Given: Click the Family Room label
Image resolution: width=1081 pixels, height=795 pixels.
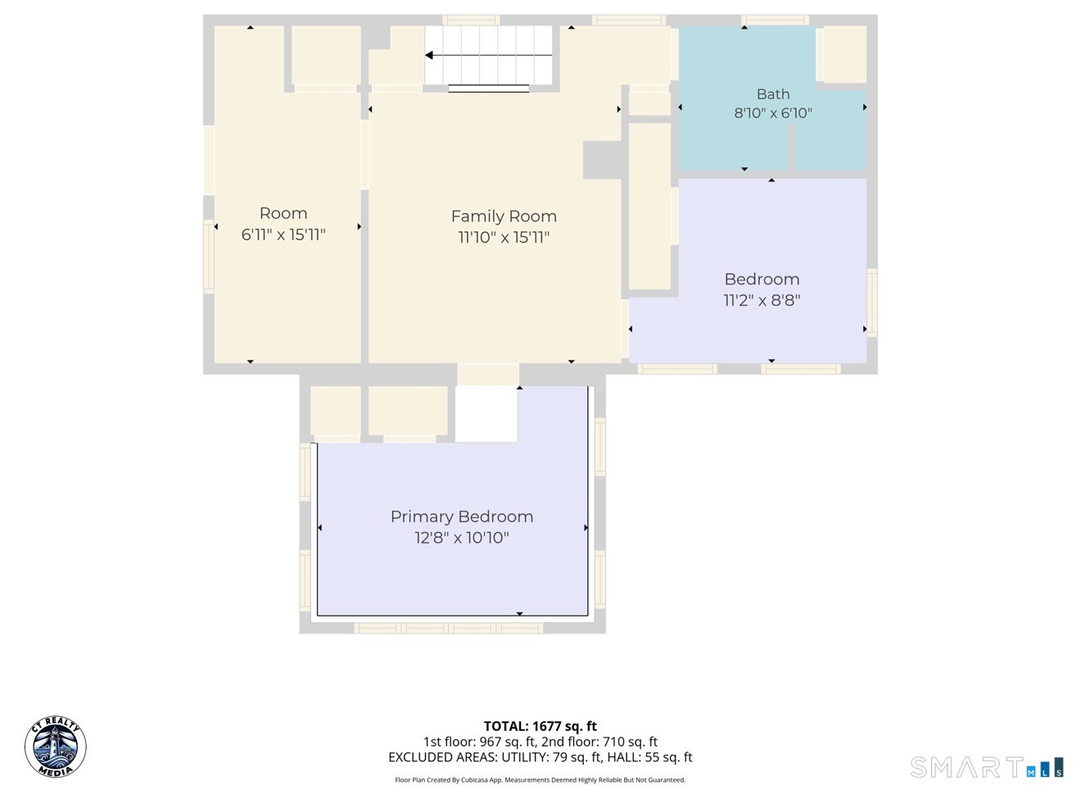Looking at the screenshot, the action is [x=504, y=216].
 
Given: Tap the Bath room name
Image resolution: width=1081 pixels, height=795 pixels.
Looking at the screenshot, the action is [x=773, y=93].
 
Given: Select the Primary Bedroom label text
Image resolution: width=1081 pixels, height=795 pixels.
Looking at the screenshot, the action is [x=462, y=517].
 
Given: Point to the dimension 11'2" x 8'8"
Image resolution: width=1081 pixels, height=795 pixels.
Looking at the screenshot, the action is [x=762, y=301].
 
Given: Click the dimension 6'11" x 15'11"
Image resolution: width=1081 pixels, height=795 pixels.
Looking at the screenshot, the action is [x=283, y=234].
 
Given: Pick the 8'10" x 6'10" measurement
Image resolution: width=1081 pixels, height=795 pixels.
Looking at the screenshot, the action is [x=773, y=113].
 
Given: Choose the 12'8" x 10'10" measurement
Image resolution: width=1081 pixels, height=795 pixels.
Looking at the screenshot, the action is [x=462, y=538].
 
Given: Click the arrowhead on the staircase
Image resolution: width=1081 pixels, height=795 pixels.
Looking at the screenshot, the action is [x=429, y=56].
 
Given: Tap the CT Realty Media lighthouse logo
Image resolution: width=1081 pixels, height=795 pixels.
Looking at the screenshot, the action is [x=56, y=746].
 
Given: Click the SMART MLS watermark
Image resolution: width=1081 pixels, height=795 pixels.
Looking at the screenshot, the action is [x=987, y=767].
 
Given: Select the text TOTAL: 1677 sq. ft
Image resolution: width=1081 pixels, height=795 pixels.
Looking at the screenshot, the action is [x=540, y=726].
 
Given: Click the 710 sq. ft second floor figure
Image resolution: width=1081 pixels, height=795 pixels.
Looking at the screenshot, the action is [x=631, y=742].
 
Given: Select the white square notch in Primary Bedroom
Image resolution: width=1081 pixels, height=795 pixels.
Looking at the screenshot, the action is [x=486, y=414].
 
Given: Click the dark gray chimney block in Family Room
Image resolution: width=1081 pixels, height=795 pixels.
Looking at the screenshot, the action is [x=602, y=160].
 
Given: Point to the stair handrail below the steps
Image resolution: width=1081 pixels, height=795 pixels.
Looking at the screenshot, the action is [x=488, y=89].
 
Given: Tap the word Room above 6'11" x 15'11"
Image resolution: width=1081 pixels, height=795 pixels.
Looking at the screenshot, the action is [x=283, y=213].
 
